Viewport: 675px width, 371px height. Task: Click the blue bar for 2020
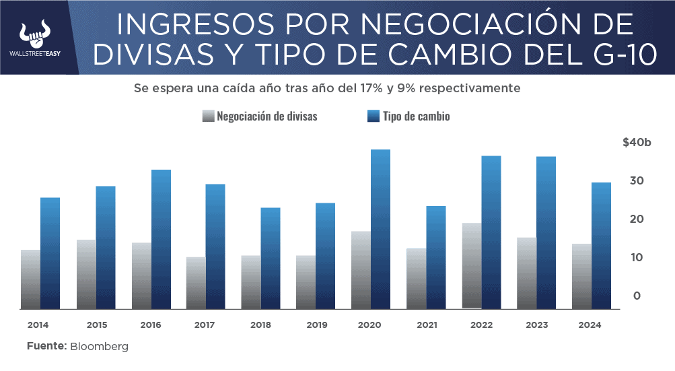(380, 229)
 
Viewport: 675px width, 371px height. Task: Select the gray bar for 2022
(471, 266)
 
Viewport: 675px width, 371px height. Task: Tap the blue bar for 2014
(50, 253)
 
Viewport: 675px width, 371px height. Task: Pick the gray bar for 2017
(196, 283)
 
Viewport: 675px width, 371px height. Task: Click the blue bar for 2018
(271, 258)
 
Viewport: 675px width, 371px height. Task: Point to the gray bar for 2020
(361, 270)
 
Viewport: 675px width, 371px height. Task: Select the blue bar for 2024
(601, 246)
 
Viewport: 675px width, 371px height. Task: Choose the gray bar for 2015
(86, 274)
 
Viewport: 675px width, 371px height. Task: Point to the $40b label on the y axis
(637, 143)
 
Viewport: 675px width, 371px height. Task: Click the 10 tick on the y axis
(636, 257)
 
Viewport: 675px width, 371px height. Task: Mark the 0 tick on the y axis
(636, 296)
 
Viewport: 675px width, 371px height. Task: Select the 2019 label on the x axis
(316, 325)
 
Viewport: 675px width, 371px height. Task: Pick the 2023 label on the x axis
(536, 325)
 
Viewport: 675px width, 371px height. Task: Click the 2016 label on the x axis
(151, 325)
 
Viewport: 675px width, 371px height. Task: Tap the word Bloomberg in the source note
(99, 347)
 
